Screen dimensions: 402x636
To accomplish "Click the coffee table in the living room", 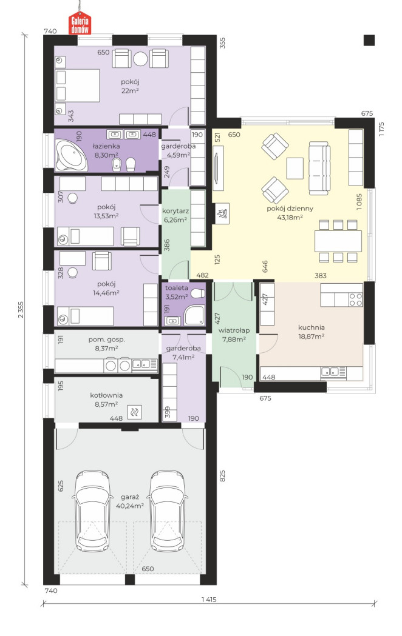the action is click(295, 168).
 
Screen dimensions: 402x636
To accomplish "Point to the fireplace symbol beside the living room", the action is click(222, 213).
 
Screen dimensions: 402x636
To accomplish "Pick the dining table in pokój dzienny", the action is click(338, 241).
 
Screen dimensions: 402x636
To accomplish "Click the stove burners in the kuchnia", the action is click(355, 300).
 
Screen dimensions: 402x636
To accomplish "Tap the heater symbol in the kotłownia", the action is click(134, 412).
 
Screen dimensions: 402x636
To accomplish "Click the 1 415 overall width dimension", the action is click(209, 600).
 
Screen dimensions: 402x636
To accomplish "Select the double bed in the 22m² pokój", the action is click(77, 85).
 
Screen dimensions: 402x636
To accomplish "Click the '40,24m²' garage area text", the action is click(130, 506).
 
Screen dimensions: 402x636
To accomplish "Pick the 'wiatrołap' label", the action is click(234, 330).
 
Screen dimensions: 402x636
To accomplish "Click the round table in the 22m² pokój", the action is click(140, 59).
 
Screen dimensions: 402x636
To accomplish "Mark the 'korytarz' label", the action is click(174, 211).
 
